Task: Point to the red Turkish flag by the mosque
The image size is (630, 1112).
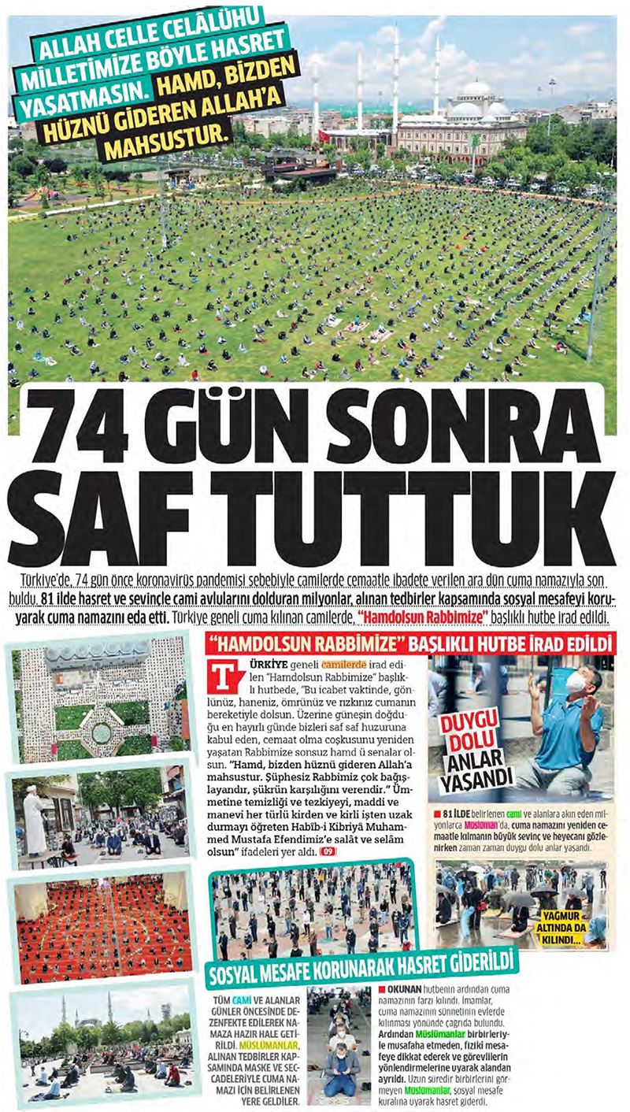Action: (x=324, y=135)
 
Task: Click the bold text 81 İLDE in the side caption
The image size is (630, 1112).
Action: (x=461, y=813)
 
